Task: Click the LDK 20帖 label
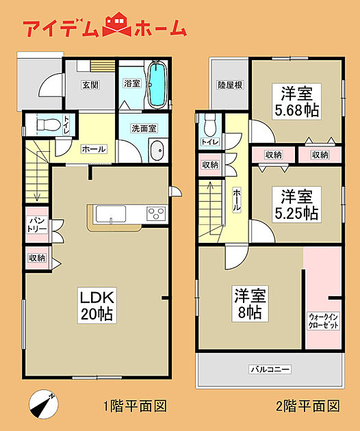pos(97,305)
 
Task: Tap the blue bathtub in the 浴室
pos(157,84)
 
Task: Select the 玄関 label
pos(90,85)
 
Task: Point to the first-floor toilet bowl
pos(49,125)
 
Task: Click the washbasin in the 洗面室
pos(157,151)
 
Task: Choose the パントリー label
pos(38,225)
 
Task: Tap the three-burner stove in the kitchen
pos(156,213)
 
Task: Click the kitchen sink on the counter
pos(111,214)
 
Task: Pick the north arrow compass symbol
pos(44,404)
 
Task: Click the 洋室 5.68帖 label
pos(297,101)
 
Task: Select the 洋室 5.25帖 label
pos(297,205)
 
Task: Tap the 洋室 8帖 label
pos(250,304)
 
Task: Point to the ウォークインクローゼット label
pos(324,321)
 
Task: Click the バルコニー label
pos(270,369)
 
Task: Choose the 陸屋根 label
pos(230,85)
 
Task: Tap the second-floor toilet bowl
pos(210,125)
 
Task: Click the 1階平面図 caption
pos(135,406)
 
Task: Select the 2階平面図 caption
pos(308,406)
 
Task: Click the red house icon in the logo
pos(117,24)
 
